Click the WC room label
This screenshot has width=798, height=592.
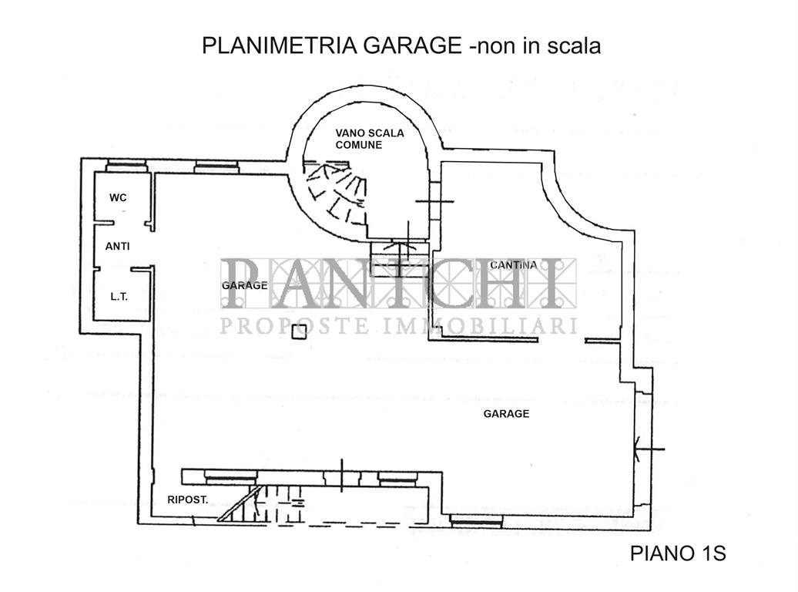tap(118, 198)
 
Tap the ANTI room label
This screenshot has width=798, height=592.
tap(117, 247)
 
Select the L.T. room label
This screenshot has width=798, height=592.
tap(119, 295)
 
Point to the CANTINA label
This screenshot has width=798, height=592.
tap(513, 265)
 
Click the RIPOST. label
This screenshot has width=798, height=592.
tap(187, 499)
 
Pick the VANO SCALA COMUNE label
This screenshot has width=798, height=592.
tap(369, 139)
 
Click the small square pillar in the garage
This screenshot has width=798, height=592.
tap(300, 331)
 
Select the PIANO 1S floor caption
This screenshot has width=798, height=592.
tap(678, 553)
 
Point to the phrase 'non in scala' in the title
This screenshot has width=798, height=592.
tap(538, 46)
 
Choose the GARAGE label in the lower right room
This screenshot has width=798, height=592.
tap(506, 414)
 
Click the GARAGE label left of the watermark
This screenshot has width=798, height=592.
tap(245, 285)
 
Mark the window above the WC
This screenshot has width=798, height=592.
tap(126, 165)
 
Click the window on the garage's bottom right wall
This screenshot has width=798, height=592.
tap(476, 521)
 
